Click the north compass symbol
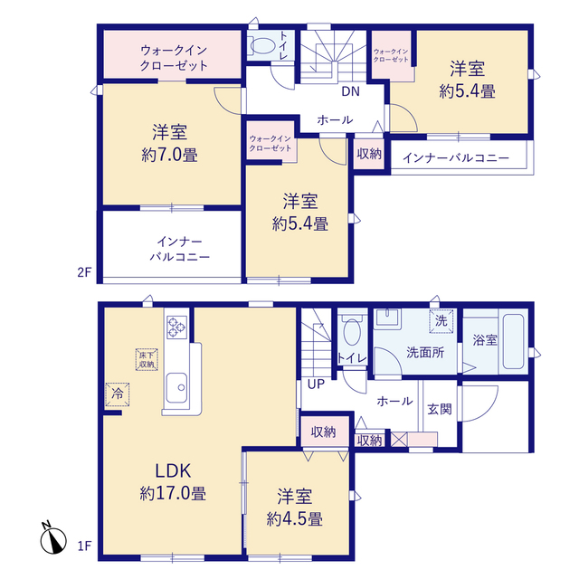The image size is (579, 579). pos(53,539)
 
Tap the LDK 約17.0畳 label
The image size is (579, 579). pos(173,482)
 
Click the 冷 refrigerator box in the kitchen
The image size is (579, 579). pos(118,394)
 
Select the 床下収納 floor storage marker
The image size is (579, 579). pos(147,359)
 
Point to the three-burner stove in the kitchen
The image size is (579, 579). pos(177,327)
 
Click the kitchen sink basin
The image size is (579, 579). pos(176,388)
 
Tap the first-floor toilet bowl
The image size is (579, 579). pos(352,332)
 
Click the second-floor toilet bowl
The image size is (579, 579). pos(262,46)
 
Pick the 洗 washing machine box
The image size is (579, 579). pos(441,321)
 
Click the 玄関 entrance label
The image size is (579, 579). pos(440,409)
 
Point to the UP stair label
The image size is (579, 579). pos(316,384)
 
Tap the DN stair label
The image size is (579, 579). pos(350,91)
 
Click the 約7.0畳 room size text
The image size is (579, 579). pos(169,155)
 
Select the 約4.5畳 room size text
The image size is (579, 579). pos(295,518)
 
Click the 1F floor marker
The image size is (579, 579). pos(84,546)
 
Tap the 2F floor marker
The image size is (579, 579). pos(84,272)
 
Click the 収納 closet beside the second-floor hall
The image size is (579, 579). pos(369,154)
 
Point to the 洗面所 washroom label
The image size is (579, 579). pos(425,353)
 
